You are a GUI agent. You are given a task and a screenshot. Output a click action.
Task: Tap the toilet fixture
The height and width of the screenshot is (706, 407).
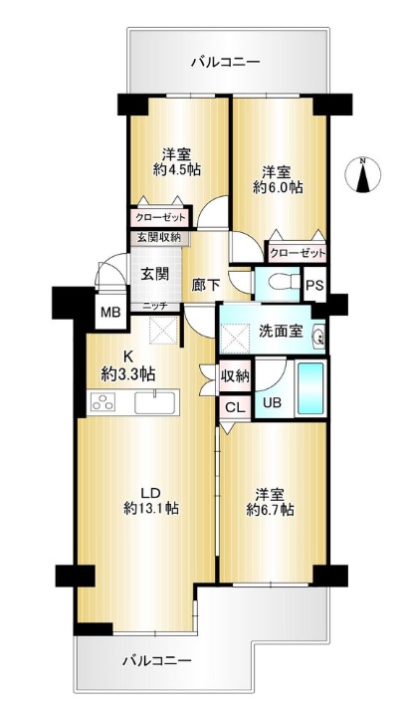pyautogui.click(x=284, y=283)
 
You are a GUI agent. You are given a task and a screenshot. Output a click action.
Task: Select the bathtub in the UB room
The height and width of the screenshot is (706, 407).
pyautogui.click(x=309, y=388)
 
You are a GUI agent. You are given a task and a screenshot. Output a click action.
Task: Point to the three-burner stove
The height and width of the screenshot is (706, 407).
pyautogui.click(x=102, y=401)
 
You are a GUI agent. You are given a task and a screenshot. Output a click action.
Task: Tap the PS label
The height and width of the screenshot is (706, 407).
pyautogui.click(x=314, y=286)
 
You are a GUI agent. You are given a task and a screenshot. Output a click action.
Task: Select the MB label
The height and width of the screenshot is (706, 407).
pyautogui.click(x=110, y=312)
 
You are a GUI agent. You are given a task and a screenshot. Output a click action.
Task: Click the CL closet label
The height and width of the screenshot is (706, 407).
pyautogui.click(x=235, y=408)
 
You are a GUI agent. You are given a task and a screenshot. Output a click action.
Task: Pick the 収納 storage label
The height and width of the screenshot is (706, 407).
pyautogui.click(x=235, y=376)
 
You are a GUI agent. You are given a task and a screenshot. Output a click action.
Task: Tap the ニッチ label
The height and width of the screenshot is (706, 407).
pyautogui.click(x=155, y=306)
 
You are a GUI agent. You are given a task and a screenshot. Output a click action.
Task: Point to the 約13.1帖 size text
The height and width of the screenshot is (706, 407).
pyautogui.click(x=151, y=509)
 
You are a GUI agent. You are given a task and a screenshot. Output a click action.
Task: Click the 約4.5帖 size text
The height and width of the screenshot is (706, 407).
pyautogui.click(x=176, y=169)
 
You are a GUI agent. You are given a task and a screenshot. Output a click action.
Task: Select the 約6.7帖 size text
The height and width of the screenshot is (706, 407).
pyautogui.click(x=270, y=510)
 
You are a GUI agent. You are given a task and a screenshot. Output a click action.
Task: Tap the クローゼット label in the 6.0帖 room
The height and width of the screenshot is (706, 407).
pyautogui.click(x=298, y=254)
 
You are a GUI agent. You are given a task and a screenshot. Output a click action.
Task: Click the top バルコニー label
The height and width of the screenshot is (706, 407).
pyautogui.click(x=226, y=61)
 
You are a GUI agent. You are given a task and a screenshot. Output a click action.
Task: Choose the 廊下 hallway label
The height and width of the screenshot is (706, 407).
pyautogui.click(x=206, y=285)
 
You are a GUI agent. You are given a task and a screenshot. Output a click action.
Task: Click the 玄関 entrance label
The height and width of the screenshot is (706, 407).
pyautogui.click(x=155, y=273)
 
